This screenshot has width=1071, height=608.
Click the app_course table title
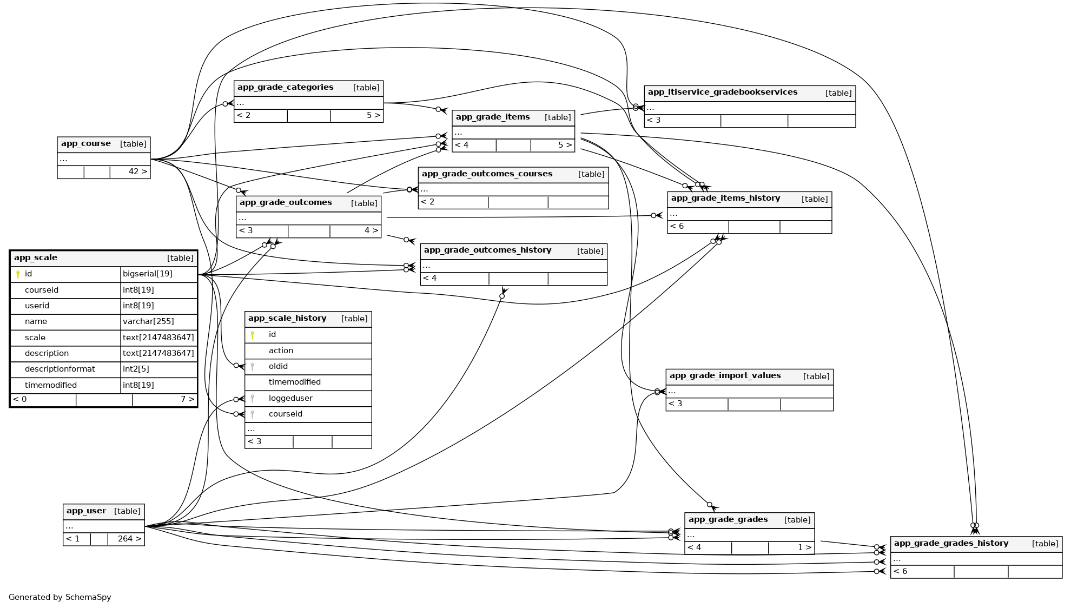86,144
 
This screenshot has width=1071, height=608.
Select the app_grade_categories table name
285,88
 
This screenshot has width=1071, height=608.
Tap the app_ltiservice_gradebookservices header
722,92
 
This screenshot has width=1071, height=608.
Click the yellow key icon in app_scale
18,274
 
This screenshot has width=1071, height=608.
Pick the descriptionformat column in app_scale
59,369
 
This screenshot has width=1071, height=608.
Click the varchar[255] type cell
148,322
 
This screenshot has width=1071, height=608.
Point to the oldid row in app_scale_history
278,367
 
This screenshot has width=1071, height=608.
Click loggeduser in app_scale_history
290,399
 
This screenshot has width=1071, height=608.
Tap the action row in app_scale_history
281,351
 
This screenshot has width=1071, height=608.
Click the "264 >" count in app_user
129,539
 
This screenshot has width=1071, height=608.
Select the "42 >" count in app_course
137,172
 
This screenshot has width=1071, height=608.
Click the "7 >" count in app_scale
187,400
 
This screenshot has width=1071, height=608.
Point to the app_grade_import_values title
725,376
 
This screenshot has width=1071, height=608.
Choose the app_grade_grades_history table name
951,544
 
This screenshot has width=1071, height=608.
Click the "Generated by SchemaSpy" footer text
60,598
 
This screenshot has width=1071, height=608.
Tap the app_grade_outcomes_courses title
487,174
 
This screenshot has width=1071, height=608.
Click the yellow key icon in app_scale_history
252,335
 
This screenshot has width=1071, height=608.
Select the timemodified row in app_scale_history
294,382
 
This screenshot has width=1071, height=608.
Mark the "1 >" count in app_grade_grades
804,548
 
